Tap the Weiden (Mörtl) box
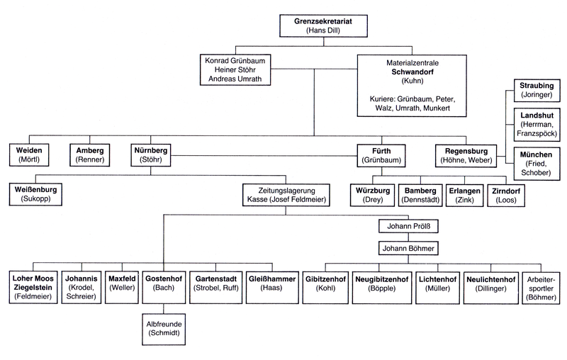click(29, 155)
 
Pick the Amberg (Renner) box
click(89, 155)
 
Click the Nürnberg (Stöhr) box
click(150, 155)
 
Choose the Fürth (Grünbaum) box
click(381, 155)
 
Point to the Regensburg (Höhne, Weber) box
click(467, 155)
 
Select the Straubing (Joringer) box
click(536, 89)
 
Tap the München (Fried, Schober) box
click(536, 163)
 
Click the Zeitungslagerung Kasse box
click(286, 195)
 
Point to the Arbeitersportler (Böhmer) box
click(542, 286)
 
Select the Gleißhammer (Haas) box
click(271, 286)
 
